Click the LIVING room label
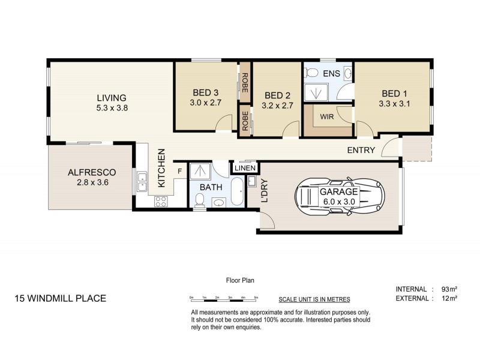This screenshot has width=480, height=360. [x=112, y=98]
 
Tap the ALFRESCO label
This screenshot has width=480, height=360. [x=91, y=172]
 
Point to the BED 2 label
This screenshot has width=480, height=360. [x=277, y=95]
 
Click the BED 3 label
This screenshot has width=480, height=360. [x=205, y=92]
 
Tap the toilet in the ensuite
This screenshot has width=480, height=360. [x=311, y=73]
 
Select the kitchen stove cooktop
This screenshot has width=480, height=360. [x=161, y=202]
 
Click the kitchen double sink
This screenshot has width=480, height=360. [x=142, y=181]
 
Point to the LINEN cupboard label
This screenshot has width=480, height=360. [x=245, y=168]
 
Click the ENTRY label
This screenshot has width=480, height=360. [x=361, y=151]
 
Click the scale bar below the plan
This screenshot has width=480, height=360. [x=224, y=297]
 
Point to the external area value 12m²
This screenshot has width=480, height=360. [x=449, y=298]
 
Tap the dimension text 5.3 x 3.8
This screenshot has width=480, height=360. [x=112, y=108]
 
